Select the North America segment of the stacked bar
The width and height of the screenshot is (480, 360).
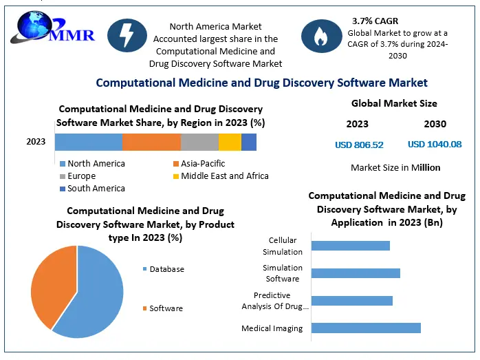coord(88,142)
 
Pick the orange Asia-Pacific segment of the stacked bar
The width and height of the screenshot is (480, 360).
coord(151,142)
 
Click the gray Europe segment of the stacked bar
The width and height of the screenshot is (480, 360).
coord(199,142)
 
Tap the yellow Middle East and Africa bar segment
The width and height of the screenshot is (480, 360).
coord(230,142)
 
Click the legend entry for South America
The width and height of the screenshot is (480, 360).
coord(96,188)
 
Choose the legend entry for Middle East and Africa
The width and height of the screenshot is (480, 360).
coord(224,176)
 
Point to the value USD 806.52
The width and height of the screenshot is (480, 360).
coord(359,145)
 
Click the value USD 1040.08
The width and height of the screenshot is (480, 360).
coord(435,145)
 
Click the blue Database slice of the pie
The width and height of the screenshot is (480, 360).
coord(96,293)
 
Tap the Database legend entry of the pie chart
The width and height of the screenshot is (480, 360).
coord(166,268)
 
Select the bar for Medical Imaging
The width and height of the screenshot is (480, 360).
coord(366,328)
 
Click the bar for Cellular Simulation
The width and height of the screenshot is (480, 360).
coord(351,246)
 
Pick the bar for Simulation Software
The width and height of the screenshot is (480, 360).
coord(356,273)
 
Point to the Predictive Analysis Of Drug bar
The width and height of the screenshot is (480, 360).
coord(352,300)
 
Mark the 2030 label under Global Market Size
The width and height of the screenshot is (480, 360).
coord(435,124)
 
